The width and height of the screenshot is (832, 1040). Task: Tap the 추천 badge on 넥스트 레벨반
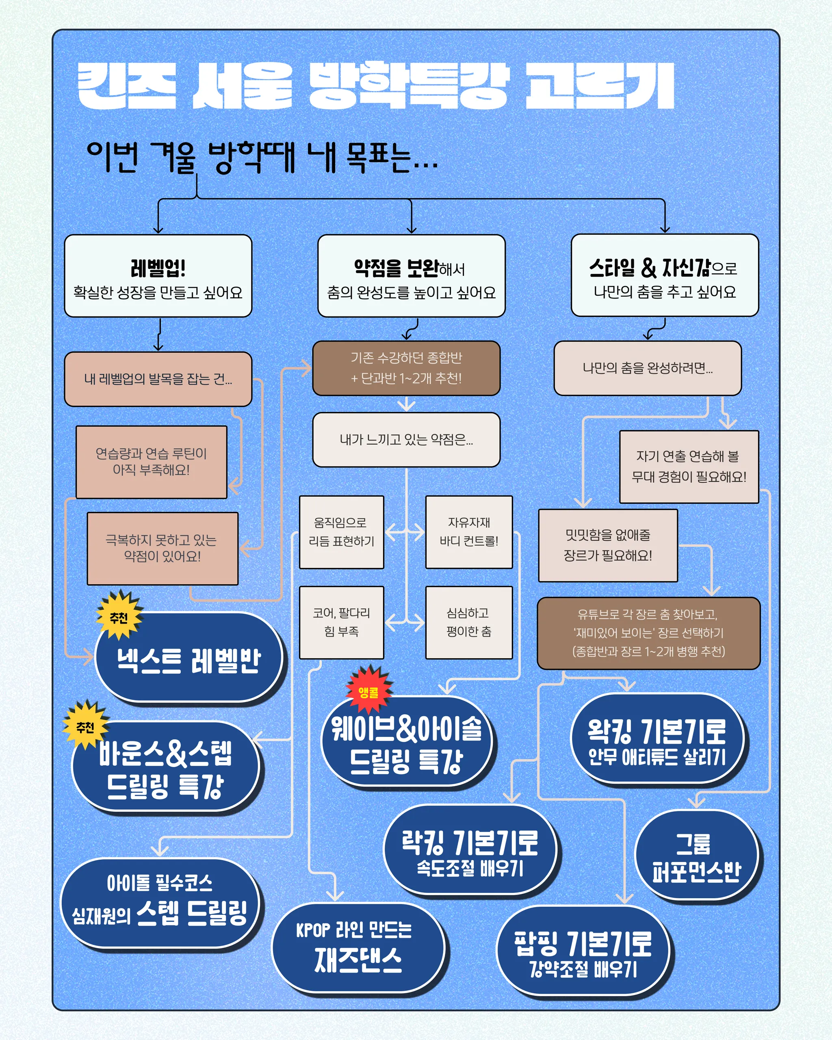(x=119, y=616)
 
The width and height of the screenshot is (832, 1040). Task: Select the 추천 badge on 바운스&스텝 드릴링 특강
(x=85, y=726)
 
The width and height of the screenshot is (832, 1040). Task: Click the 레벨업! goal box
(x=158, y=276)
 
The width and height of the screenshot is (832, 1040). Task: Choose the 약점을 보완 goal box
(x=411, y=276)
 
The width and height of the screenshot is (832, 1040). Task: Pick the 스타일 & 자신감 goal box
(x=665, y=275)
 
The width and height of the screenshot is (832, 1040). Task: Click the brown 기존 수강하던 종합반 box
(x=406, y=368)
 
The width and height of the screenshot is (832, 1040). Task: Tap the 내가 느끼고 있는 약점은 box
(x=406, y=440)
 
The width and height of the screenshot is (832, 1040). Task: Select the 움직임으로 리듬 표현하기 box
(x=342, y=532)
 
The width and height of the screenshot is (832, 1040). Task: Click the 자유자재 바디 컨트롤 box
(x=469, y=532)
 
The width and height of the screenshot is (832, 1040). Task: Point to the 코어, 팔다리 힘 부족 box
(x=342, y=622)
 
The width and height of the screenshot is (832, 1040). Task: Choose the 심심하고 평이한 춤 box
(x=469, y=622)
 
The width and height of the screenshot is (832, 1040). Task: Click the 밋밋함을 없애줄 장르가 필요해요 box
(x=608, y=546)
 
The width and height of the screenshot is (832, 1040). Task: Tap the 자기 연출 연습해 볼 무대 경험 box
(x=689, y=466)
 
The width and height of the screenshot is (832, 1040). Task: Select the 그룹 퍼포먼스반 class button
(x=696, y=856)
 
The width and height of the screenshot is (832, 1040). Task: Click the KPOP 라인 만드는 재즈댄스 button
(x=357, y=948)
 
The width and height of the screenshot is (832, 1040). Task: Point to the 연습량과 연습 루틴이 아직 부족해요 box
(x=152, y=461)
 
